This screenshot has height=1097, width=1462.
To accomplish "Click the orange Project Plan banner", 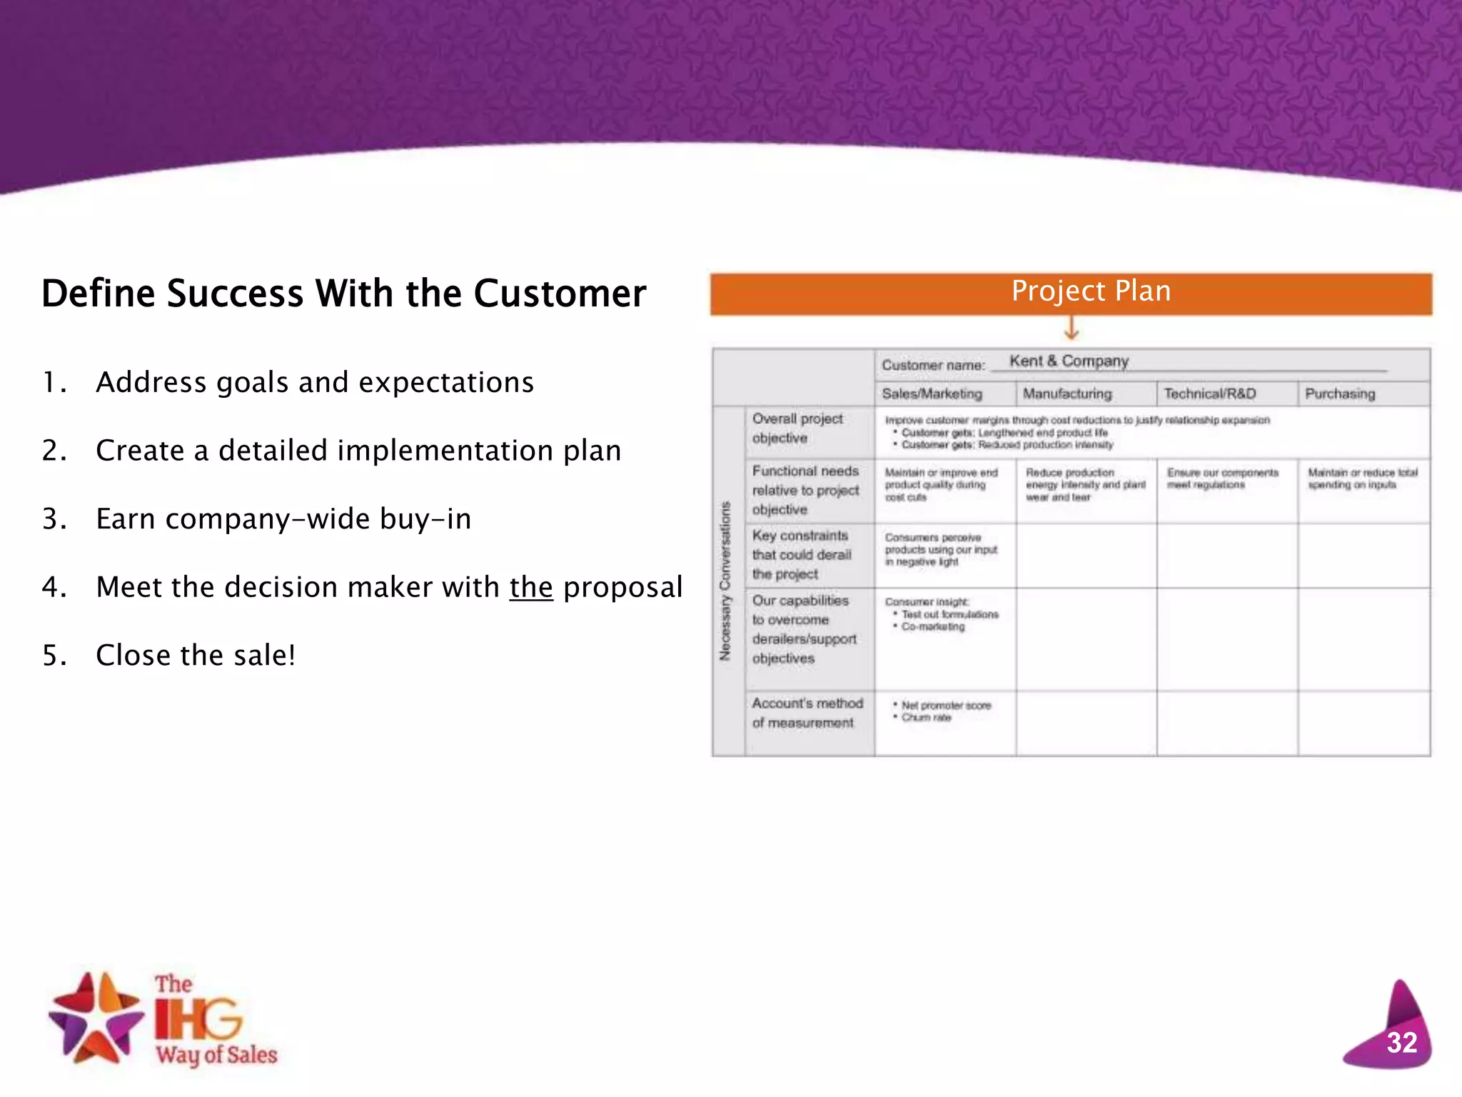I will [1071, 293].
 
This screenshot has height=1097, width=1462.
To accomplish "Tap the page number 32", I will [1401, 1043].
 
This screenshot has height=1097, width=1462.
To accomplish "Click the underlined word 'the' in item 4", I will [531, 587].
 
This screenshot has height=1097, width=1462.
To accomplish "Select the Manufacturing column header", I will [1067, 394].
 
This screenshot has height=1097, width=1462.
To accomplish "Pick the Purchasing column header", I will [1340, 394].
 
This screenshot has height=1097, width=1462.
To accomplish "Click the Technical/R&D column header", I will [1209, 394].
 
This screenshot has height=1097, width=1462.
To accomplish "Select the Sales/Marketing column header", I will [932, 394].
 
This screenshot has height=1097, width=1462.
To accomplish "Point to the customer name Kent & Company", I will [1069, 361].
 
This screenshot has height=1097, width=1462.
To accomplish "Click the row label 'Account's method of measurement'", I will [807, 713].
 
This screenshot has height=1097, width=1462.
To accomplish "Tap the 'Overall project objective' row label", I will [797, 429].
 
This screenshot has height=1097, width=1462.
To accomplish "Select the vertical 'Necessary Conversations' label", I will [725, 581].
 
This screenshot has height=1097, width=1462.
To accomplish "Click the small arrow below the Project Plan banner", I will [1071, 329].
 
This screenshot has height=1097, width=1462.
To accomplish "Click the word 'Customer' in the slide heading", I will [560, 294].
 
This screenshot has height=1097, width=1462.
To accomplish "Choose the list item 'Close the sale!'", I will [196, 655].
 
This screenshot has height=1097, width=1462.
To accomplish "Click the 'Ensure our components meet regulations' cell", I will [1222, 479].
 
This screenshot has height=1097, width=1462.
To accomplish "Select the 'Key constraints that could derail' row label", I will [801, 555].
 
